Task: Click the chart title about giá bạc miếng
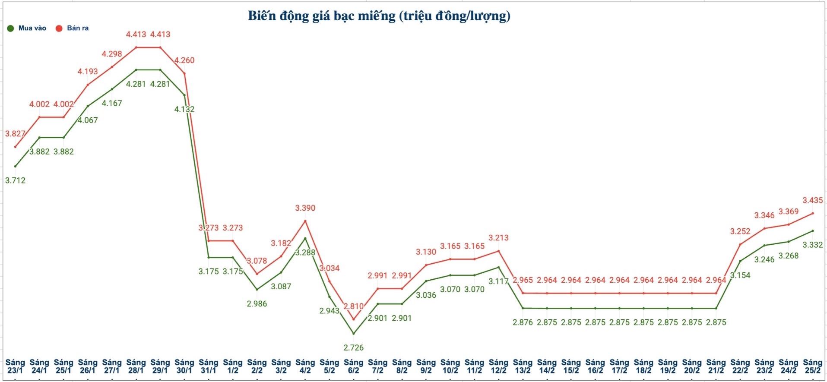(379, 16)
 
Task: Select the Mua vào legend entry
(27, 28)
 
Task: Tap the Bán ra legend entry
(73, 28)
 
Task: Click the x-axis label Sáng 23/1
(15, 366)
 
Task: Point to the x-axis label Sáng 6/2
(353, 366)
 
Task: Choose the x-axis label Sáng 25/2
(812, 366)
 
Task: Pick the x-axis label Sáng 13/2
(523, 366)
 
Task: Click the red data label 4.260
(184, 60)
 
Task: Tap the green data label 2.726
(353, 347)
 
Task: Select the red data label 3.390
(305, 208)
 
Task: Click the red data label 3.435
(812, 200)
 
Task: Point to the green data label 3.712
(15, 180)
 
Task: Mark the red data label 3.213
(498, 238)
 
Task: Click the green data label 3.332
(812, 245)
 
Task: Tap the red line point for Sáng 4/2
(305, 221)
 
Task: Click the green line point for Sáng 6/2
(353, 334)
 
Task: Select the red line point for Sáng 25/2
(813, 213)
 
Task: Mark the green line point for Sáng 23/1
(15, 166)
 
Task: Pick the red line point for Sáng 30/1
(185, 73)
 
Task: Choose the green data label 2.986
(257, 304)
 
